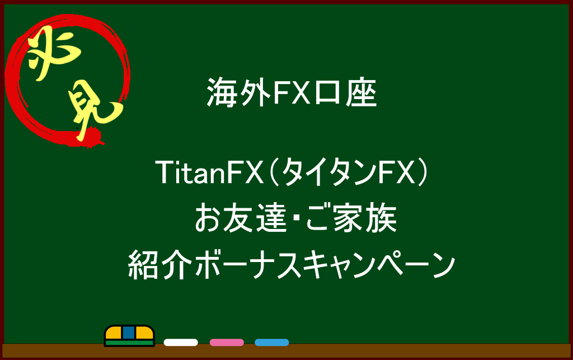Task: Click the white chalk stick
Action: (181, 343)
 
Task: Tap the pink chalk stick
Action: (227, 343)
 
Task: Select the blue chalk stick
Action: (272, 343)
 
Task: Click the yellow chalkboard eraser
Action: (129, 335)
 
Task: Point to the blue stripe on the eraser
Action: (129, 333)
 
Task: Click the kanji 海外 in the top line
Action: (239, 92)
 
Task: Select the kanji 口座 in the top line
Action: (346, 92)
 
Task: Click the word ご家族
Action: (351, 218)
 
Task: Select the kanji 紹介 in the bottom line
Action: (160, 265)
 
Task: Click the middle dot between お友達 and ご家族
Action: (296, 218)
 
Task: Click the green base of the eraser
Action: (129, 343)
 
